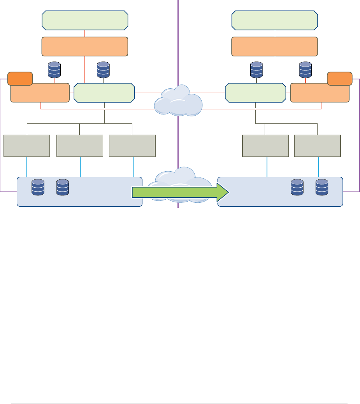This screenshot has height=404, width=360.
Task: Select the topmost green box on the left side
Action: click(x=85, y=20)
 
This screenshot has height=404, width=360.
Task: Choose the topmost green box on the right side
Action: click(x=275, y=20)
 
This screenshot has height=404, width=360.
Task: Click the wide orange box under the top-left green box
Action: click(x=85, y=47)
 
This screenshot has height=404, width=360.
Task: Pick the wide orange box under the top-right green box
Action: click(x=275, y=47)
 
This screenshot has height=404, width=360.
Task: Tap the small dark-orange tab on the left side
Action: click(x=20, y=78)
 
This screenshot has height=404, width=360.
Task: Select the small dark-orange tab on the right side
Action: click(x=340, y=78)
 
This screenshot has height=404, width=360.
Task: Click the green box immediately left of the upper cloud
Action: click(x=104, y=93)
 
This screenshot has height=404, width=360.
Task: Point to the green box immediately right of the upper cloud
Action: click(x=255, y=93)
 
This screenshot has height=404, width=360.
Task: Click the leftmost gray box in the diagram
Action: click(x=27, y=146)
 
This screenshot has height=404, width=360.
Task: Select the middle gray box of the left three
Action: click(x=80, y=146)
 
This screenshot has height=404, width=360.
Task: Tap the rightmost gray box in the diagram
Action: click(x=318, y=146)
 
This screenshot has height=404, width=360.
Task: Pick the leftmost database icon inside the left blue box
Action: click(x=38, y=187)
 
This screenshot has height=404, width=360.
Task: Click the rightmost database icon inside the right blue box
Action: click(x=322, y=187)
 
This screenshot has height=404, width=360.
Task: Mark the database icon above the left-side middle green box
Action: click(x=103, y=69)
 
